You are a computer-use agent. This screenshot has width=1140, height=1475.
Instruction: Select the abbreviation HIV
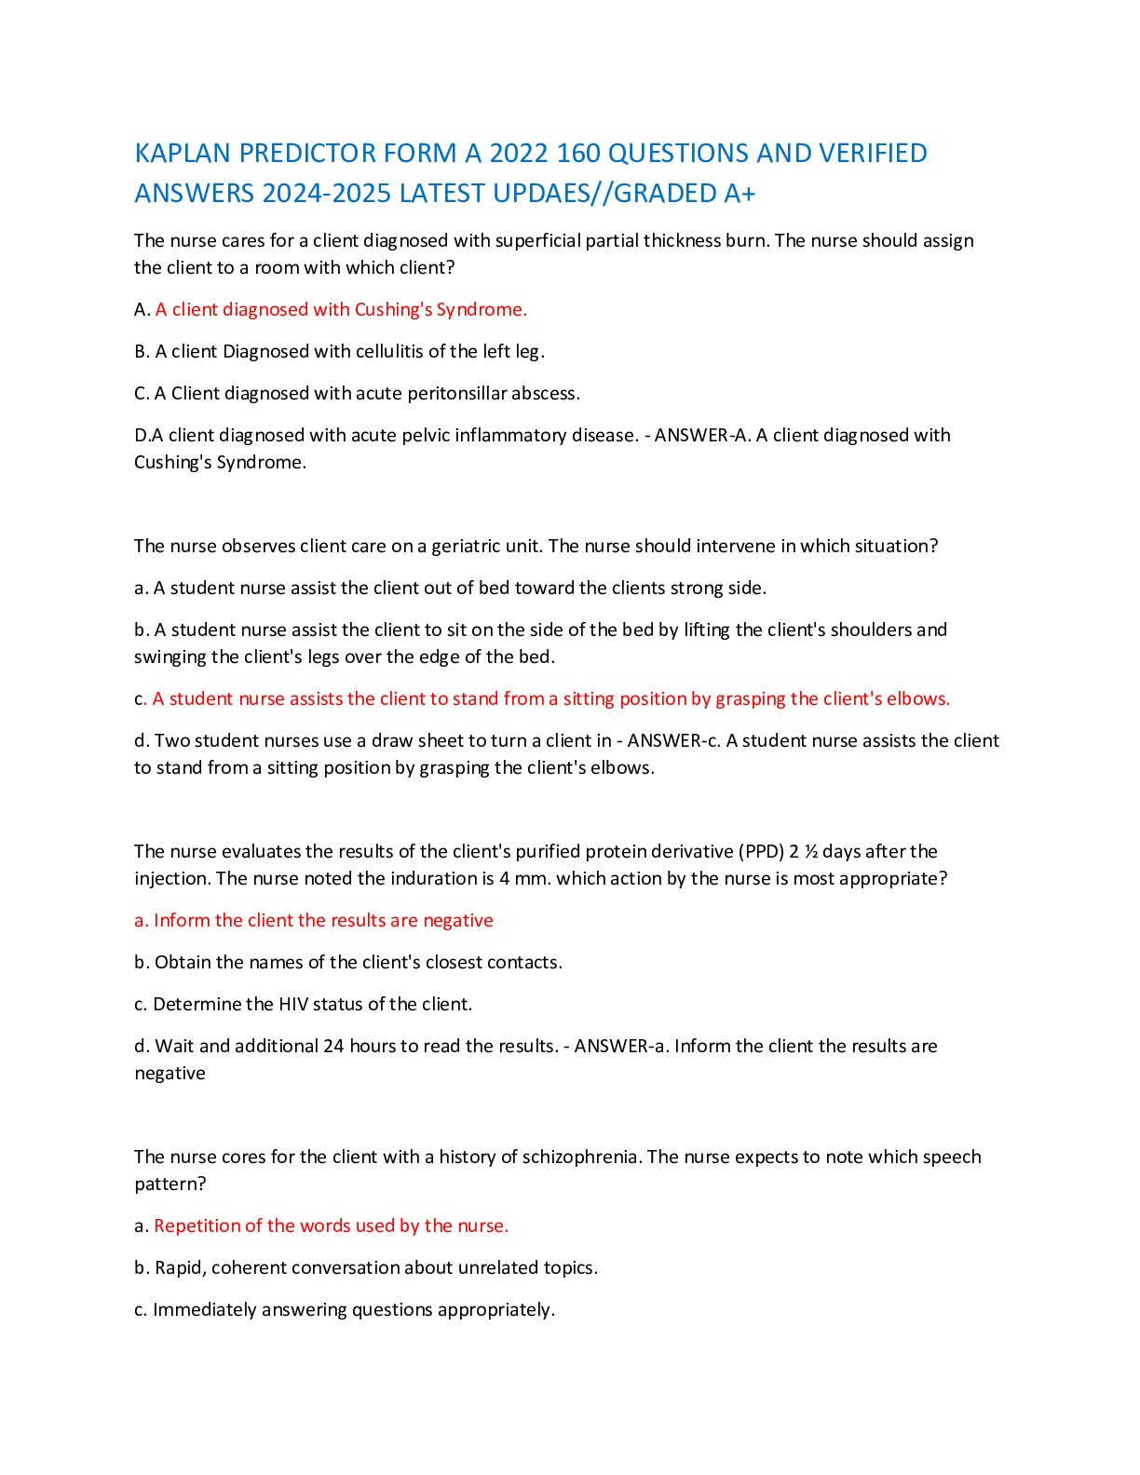[293, 1004]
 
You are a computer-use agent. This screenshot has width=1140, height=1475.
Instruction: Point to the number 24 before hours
[334, 1046]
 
